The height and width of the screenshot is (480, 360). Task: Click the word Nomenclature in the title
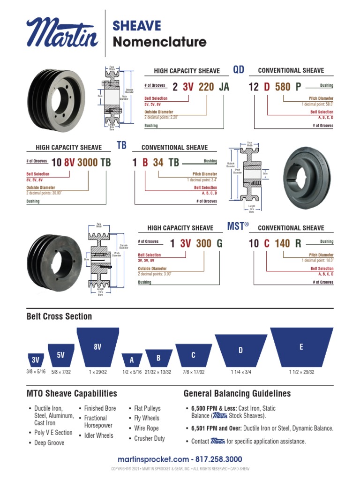click(159, 42)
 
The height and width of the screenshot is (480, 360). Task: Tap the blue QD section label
click(239, 70)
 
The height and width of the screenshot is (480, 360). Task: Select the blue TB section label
click(121, 145)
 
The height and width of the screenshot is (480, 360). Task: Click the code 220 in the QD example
click(206, 87)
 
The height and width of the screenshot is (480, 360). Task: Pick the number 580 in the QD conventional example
click(283, 87)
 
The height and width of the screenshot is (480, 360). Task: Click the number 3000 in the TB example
click(88, 163)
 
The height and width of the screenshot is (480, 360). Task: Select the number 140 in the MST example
click(282, 244)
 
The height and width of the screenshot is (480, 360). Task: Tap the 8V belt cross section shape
click(97, 348)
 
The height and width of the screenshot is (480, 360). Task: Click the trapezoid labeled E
click(301, 348)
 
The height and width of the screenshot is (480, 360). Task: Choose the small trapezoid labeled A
click(132, 360)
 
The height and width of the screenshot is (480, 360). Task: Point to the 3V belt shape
click(36, 360)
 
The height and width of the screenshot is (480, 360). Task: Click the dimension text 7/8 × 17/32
click(193, 372)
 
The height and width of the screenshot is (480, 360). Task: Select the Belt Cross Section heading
click(59, 316)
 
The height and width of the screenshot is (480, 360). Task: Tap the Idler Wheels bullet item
click(98, 435)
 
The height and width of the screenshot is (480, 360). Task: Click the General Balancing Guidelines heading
click(237, 394)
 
